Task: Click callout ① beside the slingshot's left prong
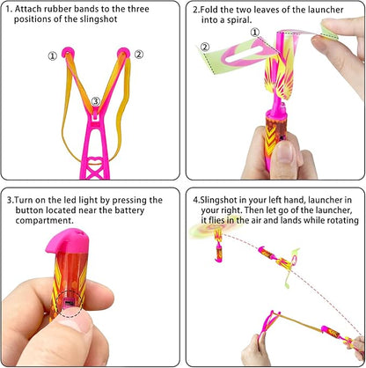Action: click(52, 55)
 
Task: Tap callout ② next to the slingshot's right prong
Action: click(139, 55)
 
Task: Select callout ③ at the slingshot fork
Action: click(95, 101)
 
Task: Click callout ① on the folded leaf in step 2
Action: click(255, 33)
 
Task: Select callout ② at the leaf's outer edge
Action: click(204, 47)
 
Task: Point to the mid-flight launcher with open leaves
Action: click(281, 261)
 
